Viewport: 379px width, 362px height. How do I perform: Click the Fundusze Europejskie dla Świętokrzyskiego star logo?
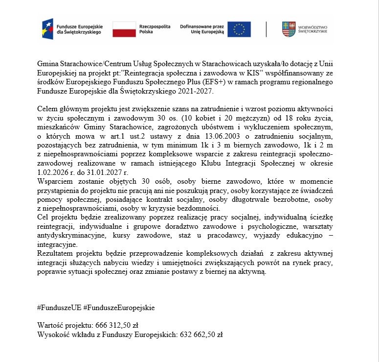click(48, 29)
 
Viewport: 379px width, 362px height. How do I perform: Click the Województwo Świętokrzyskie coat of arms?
click(289, 29)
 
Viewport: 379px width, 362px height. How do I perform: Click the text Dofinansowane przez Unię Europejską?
click(201, 29)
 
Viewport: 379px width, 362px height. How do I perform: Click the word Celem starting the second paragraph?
click(48, 108)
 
